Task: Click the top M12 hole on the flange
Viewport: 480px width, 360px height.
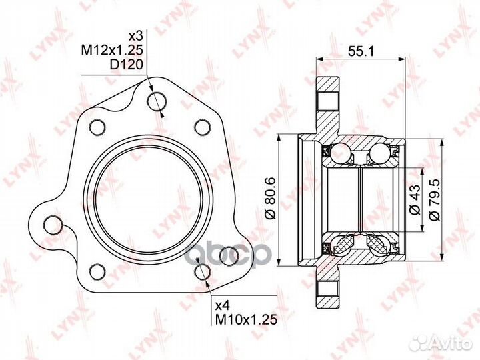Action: (157, 101)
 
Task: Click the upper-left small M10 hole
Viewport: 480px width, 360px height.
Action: (97, 126)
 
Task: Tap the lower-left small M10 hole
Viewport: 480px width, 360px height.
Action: (97, 271)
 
